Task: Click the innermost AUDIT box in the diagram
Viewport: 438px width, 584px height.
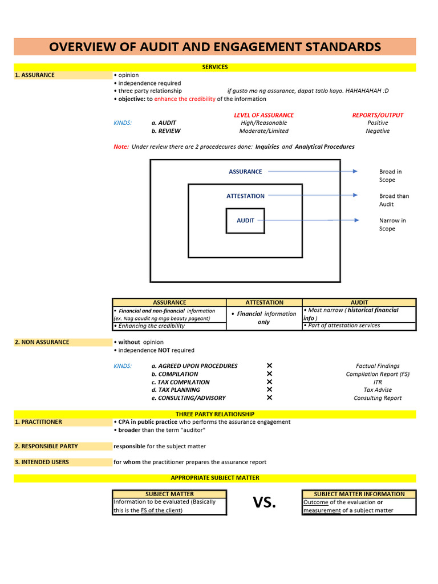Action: [x=245, y=221]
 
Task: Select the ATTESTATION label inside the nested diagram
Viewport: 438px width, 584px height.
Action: [x=245, y=196]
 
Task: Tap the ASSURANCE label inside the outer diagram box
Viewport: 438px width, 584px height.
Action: [x=245, y=172]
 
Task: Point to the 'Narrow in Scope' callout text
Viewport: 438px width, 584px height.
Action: [x=392, y=225]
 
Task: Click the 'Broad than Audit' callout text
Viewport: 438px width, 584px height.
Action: [x=394, y=200]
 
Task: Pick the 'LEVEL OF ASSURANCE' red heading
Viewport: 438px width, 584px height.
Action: [x=263, y=115]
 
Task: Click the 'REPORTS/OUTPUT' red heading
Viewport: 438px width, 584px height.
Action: [x=378, y=115]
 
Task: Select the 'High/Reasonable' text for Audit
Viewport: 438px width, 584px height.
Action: [x=263, y=123]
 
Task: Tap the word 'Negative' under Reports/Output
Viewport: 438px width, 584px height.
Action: [x=378, y=131]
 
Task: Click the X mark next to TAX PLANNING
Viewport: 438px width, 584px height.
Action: [x=269, y=390]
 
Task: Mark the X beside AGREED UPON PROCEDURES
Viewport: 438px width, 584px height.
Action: [x=269, y=366]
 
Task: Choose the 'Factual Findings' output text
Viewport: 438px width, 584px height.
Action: [x=378, y=366]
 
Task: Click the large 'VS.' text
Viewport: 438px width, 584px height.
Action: [x=264, y=502]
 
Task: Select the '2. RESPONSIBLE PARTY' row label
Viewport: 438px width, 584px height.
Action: [x=46, y=447]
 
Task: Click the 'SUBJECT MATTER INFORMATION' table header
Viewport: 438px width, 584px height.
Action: [x=359, y=494]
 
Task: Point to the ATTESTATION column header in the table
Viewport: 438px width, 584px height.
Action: [x=264, y=303]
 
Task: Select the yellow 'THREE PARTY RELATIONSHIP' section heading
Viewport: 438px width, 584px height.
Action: [x=214, y=414]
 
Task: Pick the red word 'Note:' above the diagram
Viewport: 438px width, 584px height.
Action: [x=121, y=147]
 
